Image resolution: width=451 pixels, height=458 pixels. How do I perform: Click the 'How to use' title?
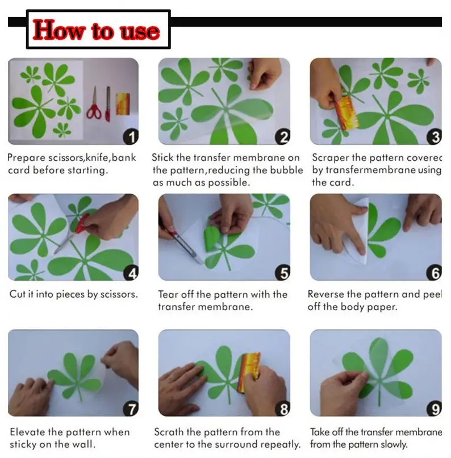pyautogui.click(x=97, y=30)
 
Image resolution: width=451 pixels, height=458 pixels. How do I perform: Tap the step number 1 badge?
pyautogui.click(x=131, y=137)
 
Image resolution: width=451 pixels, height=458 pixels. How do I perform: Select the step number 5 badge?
pyautogui.click(x=282, y=273)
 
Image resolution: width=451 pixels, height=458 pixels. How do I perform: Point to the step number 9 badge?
pyautogui.click(x=434, y=409)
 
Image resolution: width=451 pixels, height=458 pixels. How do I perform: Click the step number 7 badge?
pyautogui.click(x=131, y=409)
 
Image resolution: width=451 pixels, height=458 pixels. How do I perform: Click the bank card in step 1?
pyautogui.click(x=123, y=103)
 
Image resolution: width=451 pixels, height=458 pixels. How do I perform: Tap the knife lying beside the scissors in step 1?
pyautogui.click(x=108, y=104)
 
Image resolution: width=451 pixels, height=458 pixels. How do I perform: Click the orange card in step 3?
pyautogui.click(x=346, y=113)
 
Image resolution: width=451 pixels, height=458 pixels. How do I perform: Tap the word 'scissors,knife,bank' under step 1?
pyautogui.click(x=92, y=158)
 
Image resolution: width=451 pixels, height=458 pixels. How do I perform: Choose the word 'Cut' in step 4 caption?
pyautogui.click(x=18, y=294)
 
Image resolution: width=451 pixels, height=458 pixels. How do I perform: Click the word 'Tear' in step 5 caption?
pyautogui.click(x=168, y=294)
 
